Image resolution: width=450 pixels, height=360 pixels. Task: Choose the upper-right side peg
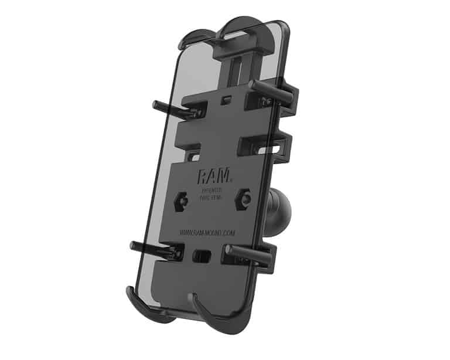[x=271, y=89]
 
